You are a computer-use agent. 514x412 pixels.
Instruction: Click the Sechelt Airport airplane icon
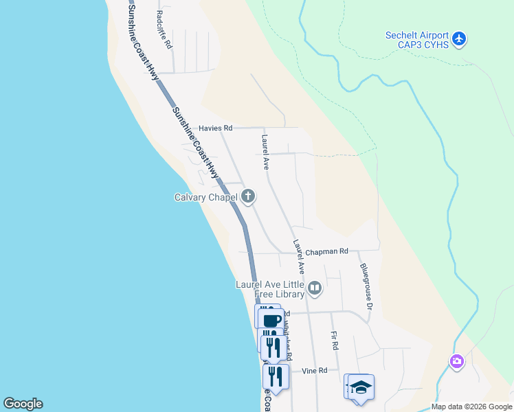pyautogui.click(x=460, y=39)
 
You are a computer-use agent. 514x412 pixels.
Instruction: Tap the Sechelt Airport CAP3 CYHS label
pyautogui.click(x=417, y=40)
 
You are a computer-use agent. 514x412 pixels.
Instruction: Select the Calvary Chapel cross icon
pyautogui.click(x=248, y=198)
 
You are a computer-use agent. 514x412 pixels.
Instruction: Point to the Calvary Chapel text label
pyautogui.click(x=205, y=198)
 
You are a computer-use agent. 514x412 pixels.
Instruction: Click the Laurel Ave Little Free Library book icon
pyautogui.click(x=315, y=288)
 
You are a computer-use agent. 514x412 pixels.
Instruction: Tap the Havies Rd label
pyautogui.click(x=216, y=128)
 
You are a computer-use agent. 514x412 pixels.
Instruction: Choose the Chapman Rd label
pyautogui.click(x=327, y=252)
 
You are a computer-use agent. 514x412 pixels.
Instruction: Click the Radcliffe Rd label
pyautogui.click(x=163, y=27)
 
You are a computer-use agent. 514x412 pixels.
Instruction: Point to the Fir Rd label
pyautogui.click(x=335, y=341)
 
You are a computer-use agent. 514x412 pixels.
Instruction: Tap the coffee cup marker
pyautogui.click(x=271, y=320)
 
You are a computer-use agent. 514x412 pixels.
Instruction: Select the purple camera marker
pyautogui.click(x=457, y=361)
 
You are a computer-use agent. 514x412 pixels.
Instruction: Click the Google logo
pyautogui.click(x=23, y=404)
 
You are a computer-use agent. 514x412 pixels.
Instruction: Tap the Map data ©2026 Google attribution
pyautogui.click(x=471, y=407)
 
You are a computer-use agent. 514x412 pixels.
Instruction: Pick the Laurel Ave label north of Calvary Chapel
pyautogui.click(x=265, y=152)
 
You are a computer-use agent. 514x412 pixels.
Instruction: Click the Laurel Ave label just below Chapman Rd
pyautogui.click(x=298, y=253)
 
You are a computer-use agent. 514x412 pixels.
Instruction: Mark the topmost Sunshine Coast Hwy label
pyautogui.click(x=140, y=38)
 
